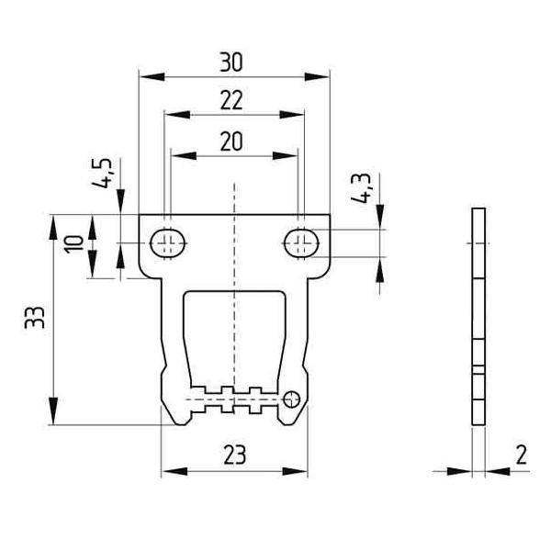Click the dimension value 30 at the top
point(231,62)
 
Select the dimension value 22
point(231,100)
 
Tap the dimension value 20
point(231,141)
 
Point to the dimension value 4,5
point(102,174)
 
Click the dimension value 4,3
point(361,188)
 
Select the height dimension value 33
point(35,318)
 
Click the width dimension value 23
point(235,455)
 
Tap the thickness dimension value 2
point(522,455)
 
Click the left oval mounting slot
point(168,243)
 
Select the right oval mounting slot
point(301,243)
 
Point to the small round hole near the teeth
point(291,399)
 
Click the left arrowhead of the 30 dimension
point(152,76)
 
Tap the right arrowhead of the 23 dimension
point(295,471)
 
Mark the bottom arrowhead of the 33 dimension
point(53,411)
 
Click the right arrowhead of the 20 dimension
point(286,156)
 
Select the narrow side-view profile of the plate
point(478,317)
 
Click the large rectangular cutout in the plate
point(234,339)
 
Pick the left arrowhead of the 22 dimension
point(177,115)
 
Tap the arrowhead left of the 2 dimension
point(459,471)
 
